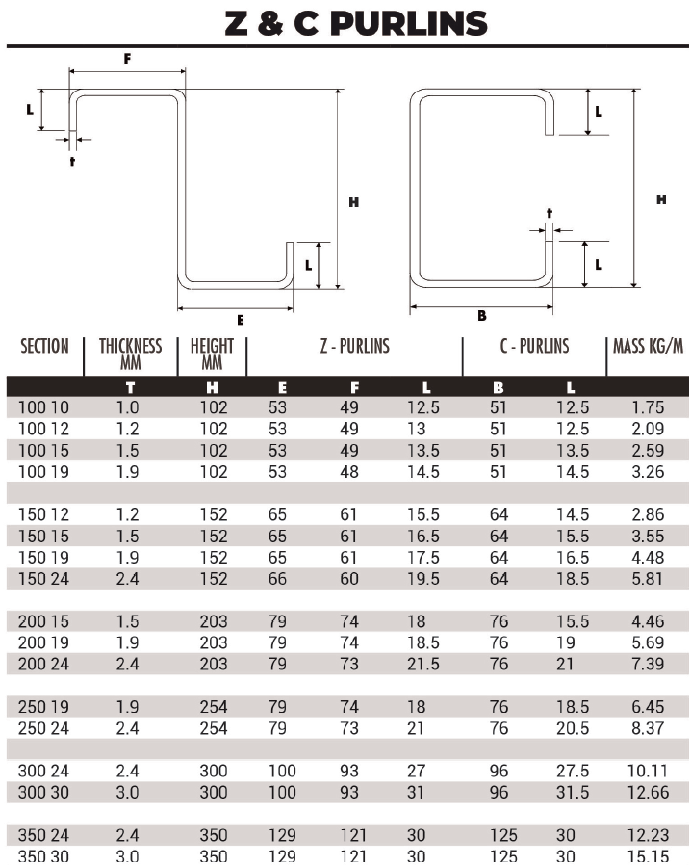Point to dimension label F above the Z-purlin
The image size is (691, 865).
tap(127, 58)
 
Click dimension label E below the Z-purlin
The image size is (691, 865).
tap(240, 320)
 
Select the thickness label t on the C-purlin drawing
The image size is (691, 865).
tap(550, 212)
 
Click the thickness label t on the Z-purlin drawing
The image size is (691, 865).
tap(72, 160)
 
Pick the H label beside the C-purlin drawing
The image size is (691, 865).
tap(661, 200)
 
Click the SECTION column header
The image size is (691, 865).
tap(44, 347)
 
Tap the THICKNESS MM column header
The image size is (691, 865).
tap(131, 354)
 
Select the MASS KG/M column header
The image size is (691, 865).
tap(648, 346)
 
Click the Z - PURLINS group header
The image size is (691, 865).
tap(354, 346)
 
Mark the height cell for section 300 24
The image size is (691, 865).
tap(214, 772)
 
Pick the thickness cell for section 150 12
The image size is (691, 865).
tap(128, 514)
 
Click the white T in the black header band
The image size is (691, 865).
tap(130, 387)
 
